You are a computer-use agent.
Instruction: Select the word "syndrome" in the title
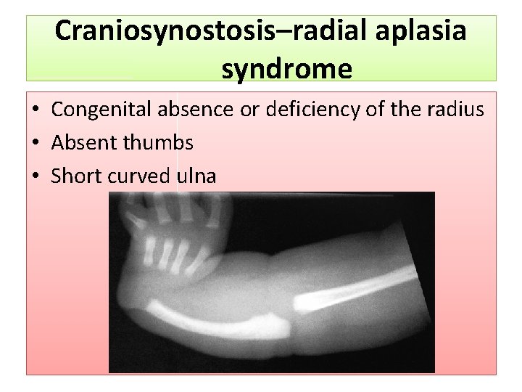click(287, 69)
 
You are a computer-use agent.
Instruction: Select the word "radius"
click(457, 110)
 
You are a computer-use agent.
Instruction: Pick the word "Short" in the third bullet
click(75, 176)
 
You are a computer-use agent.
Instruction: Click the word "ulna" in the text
click(196, 176)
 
